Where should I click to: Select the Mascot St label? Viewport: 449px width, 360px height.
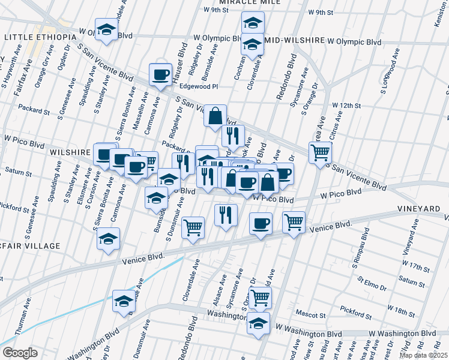[x=310, y=314]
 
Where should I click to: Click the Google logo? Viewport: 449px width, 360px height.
[x=20, y=353]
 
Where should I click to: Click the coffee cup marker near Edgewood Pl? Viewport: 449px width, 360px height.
[x=160, y=74]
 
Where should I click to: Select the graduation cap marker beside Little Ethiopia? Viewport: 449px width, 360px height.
[x=107, y=29]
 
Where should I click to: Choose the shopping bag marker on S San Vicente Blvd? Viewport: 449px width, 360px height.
[x=215, y=115]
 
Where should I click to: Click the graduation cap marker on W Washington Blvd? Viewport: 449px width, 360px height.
[x=258, y=323]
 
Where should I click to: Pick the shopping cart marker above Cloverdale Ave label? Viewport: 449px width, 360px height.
[x=193, y=227]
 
